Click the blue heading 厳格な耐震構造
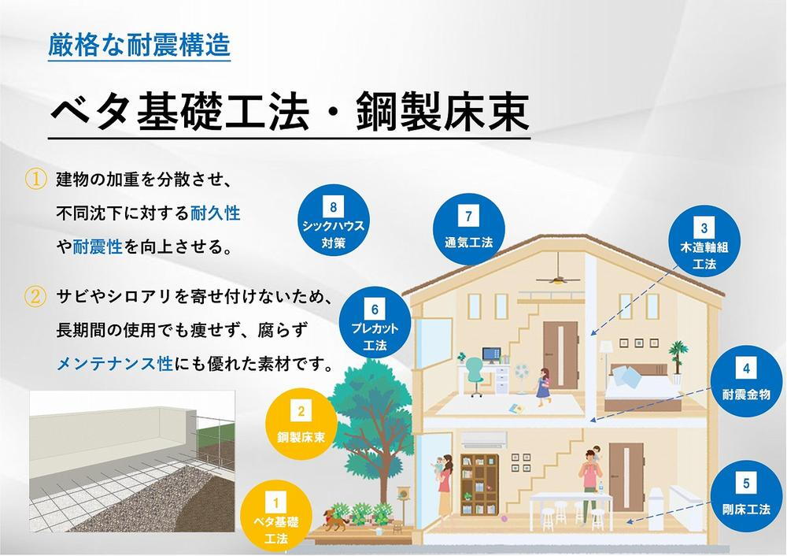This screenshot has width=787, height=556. [139, 45]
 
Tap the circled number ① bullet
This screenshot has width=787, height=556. [35, 180]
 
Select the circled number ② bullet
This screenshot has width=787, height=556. [35, 296]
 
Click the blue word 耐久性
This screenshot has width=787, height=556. [216, 213]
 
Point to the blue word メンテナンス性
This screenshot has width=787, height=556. [115, 363]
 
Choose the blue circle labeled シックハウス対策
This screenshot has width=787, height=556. [333, 221]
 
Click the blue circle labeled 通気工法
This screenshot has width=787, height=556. [469, 229]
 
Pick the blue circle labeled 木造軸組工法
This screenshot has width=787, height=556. [704, 241]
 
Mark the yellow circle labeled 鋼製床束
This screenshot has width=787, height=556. [301, 424]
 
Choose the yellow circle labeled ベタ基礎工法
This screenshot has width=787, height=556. [276, 517]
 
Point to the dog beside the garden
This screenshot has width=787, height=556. [335, 520]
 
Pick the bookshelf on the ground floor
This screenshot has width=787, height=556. [479, 484]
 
